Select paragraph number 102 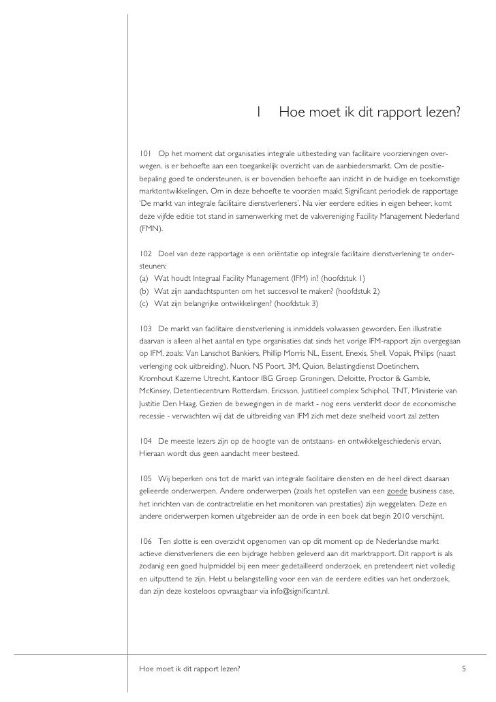144,254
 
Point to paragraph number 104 144,442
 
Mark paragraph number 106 144,540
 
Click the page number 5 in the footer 463,669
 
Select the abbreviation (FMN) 149,230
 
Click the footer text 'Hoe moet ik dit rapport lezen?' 189,669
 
